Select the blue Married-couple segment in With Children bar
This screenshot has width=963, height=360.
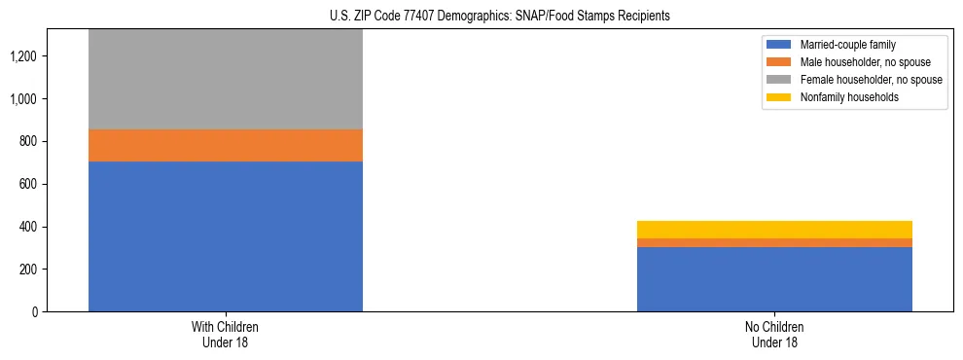click(x=226, y=236)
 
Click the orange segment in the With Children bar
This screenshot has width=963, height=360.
click(x=226, y=145)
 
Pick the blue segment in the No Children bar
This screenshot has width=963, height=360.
click(x=774, y=279)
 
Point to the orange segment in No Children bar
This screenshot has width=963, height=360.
click(x=774, y=242)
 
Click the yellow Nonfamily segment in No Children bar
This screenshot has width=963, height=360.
click(x=774, y=230)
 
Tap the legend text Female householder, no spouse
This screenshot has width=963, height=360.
click(x=871, y=80)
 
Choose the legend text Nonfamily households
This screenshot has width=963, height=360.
click(x=843, y=97)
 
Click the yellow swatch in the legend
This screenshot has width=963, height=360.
click(x=779, y=97)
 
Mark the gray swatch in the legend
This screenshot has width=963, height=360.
click(x=779, y=80)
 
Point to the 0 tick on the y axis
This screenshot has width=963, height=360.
click(x=35, y=311)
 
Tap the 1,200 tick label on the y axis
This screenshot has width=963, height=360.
click(x=23, y=56)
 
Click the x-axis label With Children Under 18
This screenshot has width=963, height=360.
click(x=226, y=335)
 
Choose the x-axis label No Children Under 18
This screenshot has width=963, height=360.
click(x=774, y=335)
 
